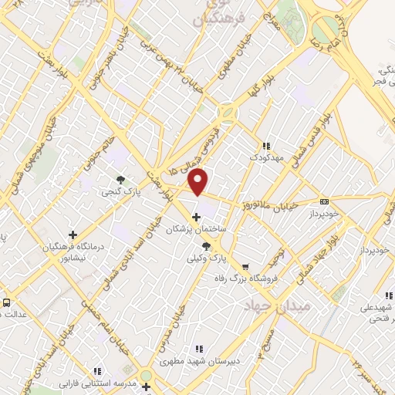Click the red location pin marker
(x=199, y=181)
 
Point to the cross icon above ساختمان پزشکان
(x=197, y=216)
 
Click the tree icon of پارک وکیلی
(x=205, y=245)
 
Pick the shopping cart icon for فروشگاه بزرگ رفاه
(x=246, y=267)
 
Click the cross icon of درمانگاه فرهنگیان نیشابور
(x=73, y=235)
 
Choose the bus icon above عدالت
(x=7, y=302)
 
